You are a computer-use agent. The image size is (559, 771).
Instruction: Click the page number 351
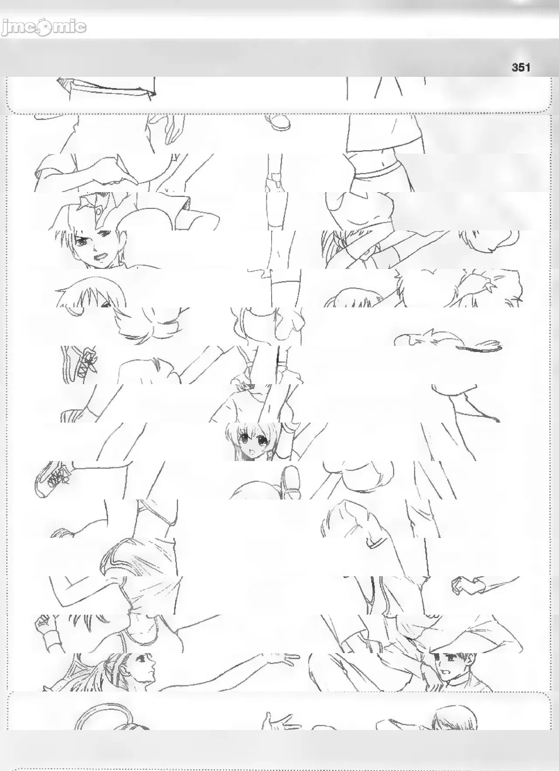(x=521, y=67)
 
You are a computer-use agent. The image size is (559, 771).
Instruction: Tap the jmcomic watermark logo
(x=44, y=28)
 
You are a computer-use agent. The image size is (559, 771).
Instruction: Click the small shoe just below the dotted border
(x=279, y=122)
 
